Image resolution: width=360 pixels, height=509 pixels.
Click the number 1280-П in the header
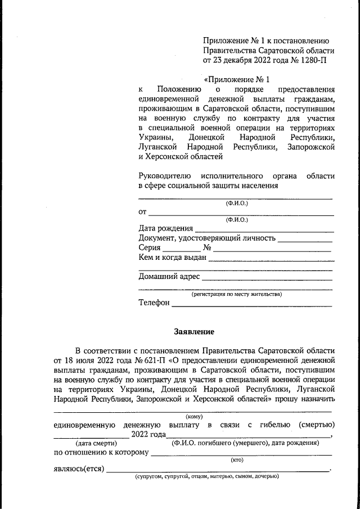[x=312, y=60]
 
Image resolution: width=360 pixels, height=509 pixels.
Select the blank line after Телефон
[x=251, y=305]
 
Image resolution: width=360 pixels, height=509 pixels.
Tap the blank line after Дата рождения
[x=264, y=231]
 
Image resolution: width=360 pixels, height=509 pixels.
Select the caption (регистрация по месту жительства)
[x=236, y=294]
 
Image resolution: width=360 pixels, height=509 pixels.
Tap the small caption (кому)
[x=194, y=416]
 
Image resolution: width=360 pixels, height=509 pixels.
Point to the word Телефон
[x=154, y=303]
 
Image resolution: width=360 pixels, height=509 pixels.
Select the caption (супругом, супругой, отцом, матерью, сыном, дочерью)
[x=206, y=478]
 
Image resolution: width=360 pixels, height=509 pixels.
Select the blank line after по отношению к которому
[x=242, y=454]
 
